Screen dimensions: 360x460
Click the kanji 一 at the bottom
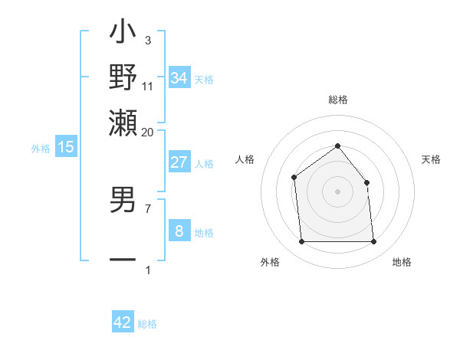pos(123,259)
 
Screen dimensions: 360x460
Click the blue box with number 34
pos(179,78)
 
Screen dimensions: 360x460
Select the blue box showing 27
pos(179,162)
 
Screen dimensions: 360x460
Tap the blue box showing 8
pos(179,231)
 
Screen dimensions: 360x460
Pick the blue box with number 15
pos(65,147)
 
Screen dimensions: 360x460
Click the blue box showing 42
pos(123,322)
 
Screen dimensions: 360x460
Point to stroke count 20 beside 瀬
pos(147,132)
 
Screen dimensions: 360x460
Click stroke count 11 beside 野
pos(147,87)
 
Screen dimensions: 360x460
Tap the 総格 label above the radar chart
pos(337,100)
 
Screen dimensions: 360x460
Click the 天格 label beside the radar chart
pos(431,159)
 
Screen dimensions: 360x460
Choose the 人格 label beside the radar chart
pos(245,159)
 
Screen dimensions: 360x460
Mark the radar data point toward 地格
pos(373,242)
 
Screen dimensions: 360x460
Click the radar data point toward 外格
pos(301,242)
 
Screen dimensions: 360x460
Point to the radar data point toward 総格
pos(337,146)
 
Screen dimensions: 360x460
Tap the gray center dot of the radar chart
pos(337,191)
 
